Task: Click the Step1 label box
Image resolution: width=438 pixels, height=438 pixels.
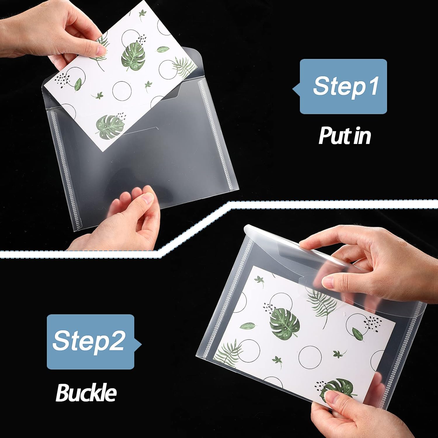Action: coord(343,86)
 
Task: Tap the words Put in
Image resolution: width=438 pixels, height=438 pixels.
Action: coord(345,136)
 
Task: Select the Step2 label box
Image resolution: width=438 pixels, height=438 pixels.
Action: coord(91,342)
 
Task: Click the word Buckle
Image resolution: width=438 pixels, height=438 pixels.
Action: coord(86,393)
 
